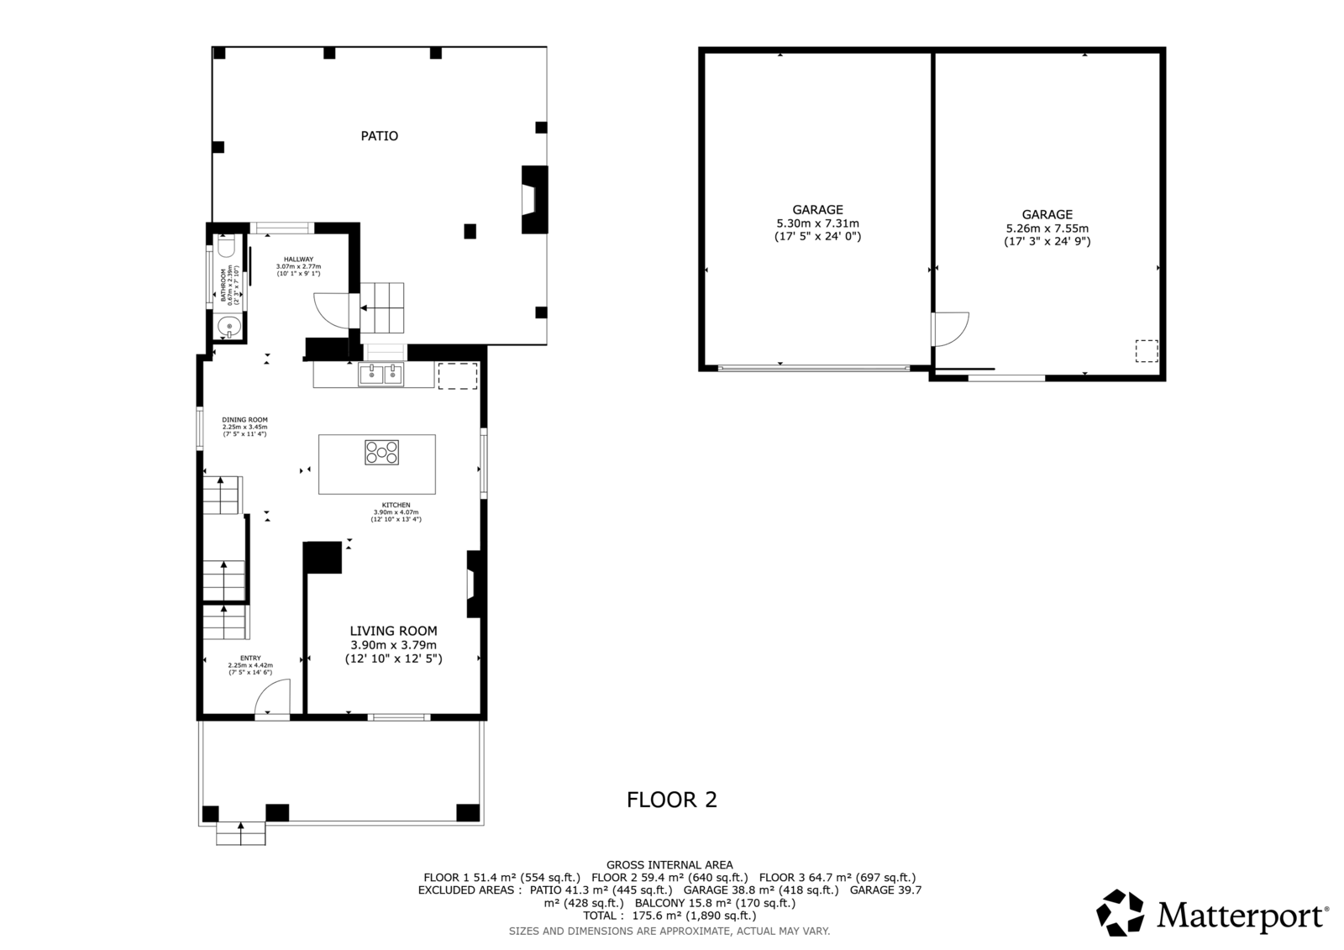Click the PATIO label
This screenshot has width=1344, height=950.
379,136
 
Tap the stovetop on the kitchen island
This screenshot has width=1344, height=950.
381,453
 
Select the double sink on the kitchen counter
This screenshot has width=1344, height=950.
381,374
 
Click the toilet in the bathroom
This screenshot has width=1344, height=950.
227,246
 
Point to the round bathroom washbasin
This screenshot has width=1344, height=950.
228,327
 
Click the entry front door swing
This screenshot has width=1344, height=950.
272,696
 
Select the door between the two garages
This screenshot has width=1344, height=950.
950,329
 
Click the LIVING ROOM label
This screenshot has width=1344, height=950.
394,631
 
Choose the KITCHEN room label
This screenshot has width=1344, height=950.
396,506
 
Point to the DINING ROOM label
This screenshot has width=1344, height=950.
244,420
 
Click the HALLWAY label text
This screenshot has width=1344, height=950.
299,260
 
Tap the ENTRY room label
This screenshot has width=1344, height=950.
250,659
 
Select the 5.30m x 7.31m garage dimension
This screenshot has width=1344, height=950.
818,223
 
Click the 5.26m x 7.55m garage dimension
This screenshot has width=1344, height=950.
1047,228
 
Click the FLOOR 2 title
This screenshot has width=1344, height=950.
672,800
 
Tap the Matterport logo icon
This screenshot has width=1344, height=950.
1120,912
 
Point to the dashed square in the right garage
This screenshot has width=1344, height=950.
1147,351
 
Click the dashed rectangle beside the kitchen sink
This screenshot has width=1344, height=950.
458,376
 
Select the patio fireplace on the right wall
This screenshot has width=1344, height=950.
534,199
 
